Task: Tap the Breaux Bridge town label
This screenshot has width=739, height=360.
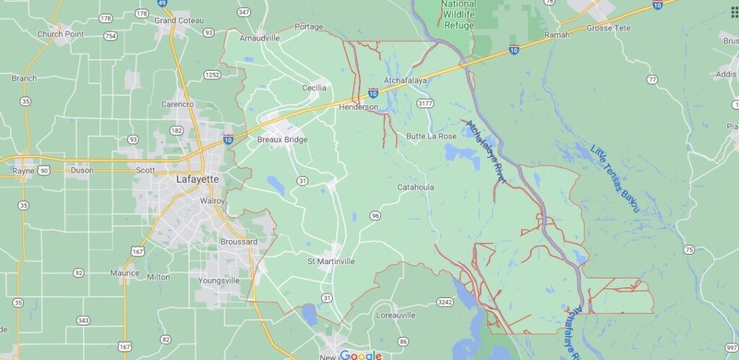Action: pos(282,140)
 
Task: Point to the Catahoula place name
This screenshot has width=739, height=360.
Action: pos(416,188)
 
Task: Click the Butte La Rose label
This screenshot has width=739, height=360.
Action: pos(431,136)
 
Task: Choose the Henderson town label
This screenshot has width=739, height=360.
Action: pos(359,107)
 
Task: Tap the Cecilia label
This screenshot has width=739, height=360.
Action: pos(314,88)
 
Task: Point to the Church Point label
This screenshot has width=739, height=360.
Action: pos(60,34)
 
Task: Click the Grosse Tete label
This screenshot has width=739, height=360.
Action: pos(608,28)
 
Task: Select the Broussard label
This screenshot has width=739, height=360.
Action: pos(238,242)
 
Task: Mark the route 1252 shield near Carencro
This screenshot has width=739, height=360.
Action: pos(211,74)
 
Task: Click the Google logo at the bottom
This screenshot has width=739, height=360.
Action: pos(360,355)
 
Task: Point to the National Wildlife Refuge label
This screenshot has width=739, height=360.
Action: pos(458,14)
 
